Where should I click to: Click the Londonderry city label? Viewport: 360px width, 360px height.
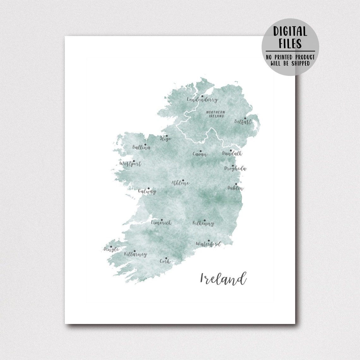(x=202, y=100)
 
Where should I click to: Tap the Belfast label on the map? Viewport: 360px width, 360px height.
(x=243, y=122)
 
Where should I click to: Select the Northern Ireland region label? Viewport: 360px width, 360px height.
(x=216, y=114)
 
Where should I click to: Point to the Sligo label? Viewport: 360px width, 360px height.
(x=165, y=139)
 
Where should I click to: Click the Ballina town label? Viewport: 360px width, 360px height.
(x=141, y=147)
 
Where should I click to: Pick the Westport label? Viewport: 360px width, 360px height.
(x=130, y=164)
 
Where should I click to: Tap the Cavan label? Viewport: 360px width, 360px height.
(x=200, y=154)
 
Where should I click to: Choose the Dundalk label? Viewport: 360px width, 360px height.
(x=232, y=153)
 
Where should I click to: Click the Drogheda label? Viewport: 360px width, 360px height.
(x=235, y=169)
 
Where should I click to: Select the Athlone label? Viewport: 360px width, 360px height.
(x=180, y=183)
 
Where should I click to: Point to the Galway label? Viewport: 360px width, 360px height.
(x=147, y=191)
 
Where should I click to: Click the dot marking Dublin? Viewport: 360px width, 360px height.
(x=236, y=184)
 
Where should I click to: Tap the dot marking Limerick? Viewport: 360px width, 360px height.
(x=162, y=220)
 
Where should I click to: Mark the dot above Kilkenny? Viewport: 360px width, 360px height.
(x=204, y=220)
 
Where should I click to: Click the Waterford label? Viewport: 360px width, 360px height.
(x=208, y=244)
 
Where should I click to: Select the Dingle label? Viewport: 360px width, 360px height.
(x=111, y=249)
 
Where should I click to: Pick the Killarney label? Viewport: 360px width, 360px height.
(x=135, y=254)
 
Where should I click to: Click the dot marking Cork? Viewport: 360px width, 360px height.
(x=166, y=258)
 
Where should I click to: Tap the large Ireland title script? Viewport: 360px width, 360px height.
(x=223, y=279)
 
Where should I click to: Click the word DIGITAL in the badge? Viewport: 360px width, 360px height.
(x=290, y=32)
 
